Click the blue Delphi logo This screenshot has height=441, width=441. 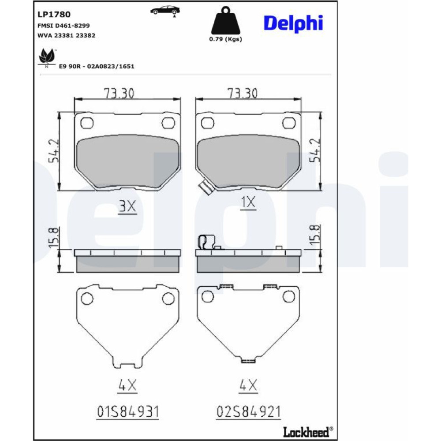click(293, 23)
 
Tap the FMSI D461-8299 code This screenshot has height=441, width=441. click(64, 26)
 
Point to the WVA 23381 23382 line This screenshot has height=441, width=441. click(67, 35)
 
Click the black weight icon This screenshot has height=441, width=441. click(225, 20)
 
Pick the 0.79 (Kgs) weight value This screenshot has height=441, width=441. click(225, 39)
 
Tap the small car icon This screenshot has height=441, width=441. click(165, 11)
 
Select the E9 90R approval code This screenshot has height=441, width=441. click(97, 67)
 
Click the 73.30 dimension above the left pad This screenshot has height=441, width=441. click(119, 93)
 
